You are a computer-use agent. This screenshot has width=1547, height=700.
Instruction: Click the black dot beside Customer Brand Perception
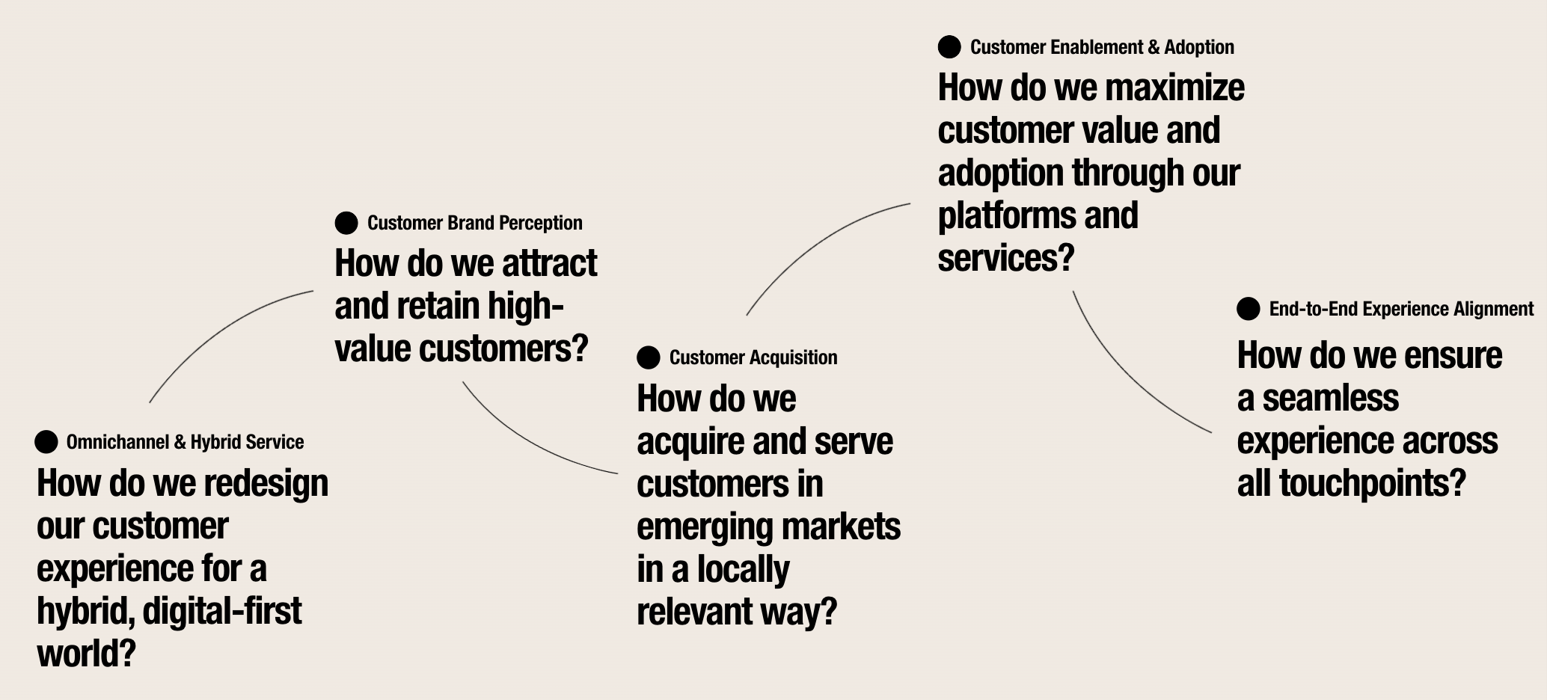[x=346, y=223]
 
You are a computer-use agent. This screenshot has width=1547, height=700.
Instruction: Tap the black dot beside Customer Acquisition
[x=649, y=357]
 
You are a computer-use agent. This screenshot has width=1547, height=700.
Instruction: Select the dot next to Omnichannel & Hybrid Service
[x=46, y=442]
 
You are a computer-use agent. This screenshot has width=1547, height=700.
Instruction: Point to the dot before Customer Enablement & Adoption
[x=949, y=47]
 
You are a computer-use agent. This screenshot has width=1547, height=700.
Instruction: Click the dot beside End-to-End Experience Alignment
[x=1248, y=309]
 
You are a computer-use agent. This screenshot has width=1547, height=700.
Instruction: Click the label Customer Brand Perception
[x=474, y=223]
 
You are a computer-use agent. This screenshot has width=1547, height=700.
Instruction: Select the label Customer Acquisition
[x=753, y=357]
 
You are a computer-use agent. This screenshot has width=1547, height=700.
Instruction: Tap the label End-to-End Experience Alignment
[x=1400, y=309]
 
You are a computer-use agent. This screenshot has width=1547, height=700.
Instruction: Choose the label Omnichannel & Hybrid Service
[x=185, y=442]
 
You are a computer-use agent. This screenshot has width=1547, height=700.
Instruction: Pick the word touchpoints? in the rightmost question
[x=1372, y=484]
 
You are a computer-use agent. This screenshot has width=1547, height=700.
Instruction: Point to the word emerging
[x=695, y=527]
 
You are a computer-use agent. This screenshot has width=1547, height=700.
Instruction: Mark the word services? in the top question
[x=1005, y=259]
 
